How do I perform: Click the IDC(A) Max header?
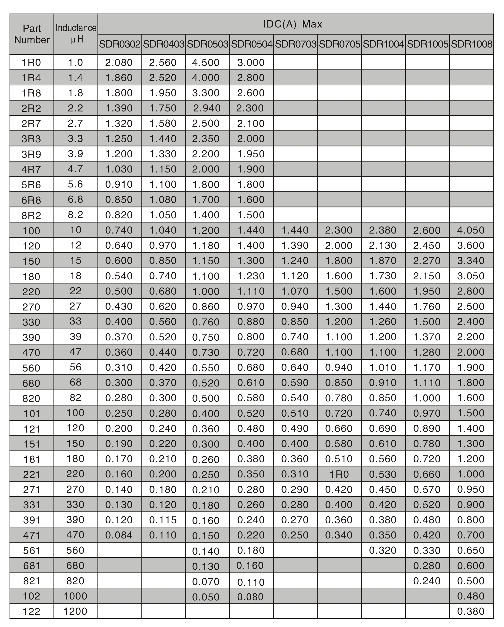[x=293, y=24]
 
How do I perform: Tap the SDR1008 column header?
[x=471, y=44]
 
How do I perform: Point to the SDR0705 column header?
[x=339, y=44]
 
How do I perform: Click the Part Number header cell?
[x=32, y=34]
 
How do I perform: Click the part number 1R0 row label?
[x=31, y=62]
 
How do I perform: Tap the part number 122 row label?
[x=31, y=612]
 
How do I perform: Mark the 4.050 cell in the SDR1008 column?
[x=471, y=230]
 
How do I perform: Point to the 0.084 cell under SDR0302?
[x=119, y=535]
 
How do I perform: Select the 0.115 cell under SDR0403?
[x=163, y=520]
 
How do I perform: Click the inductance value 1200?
[x=75, y=611]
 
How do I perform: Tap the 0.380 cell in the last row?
[x=471, y=611]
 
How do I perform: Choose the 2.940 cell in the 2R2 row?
[x=207, y=108]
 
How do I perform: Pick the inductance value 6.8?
[x=75, y=200]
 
